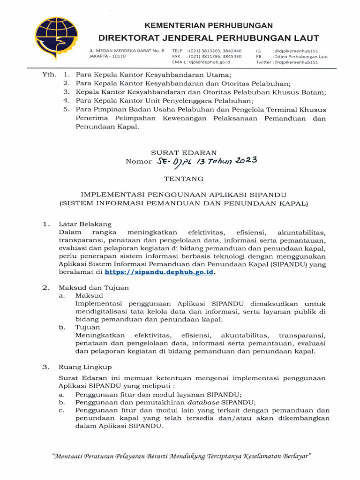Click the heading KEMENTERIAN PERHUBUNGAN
[208, 25]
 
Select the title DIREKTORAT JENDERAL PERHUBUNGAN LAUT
[209, 38]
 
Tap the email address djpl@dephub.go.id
[209, 62]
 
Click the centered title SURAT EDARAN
[183, 152]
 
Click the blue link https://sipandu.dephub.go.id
[159, 271]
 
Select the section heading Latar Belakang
[85, 224]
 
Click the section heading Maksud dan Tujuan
[93, 287]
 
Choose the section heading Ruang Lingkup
[85, 367]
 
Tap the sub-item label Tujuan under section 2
[87, 327]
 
